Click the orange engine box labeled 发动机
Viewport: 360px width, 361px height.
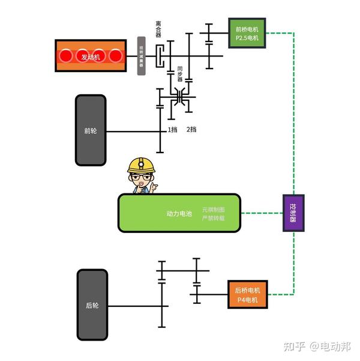click(91, 56)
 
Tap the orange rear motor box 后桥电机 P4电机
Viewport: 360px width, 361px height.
click(247, 295)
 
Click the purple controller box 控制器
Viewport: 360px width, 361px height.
click(293, 213)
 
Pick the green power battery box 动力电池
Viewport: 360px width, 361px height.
click(179, 213)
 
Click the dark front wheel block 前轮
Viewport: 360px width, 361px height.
click(91, 130)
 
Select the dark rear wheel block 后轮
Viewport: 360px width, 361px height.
click(92, 305)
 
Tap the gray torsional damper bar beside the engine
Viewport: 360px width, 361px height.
click(142, 56)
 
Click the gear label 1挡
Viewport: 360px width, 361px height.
click(173, 130)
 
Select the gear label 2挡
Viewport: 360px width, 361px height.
click(191, 130)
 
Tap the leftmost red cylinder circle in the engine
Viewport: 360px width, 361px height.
click(66, 56)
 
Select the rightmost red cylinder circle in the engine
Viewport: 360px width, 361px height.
click(115, 56)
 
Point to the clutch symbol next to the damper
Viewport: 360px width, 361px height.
click(161, 56)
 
